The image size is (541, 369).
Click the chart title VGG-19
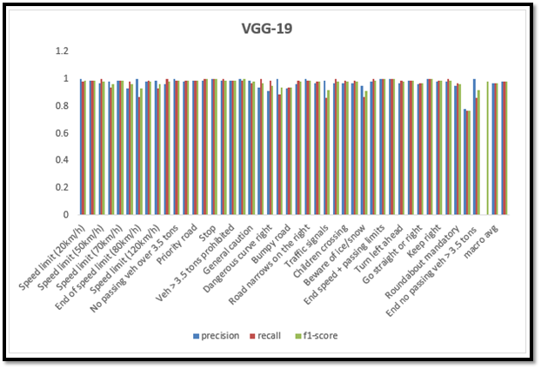click(x=267, y=29)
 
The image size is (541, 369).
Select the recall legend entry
click(x=271, y=334)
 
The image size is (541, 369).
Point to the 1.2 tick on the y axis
click(x=61, y=51)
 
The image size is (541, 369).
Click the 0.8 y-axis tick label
click(x=61, y=106)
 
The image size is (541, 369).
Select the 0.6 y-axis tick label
click(x=61, y=133)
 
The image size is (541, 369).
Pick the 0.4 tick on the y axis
click(x=61, y=160)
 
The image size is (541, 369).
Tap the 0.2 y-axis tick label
click(x=61, y=187)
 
